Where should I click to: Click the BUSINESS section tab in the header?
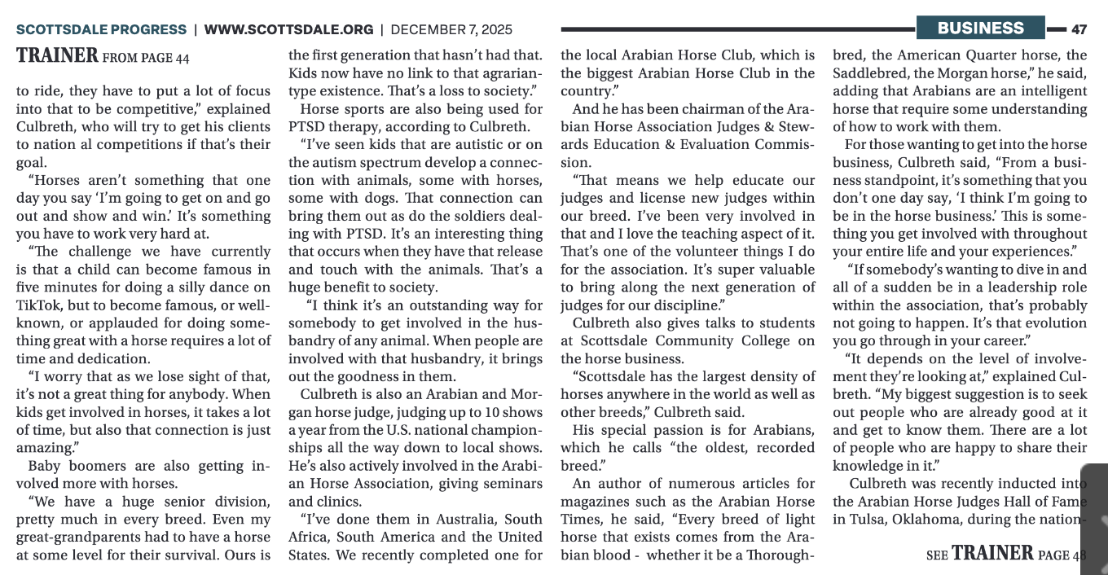[980, 29]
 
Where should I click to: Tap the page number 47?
[1079, 29]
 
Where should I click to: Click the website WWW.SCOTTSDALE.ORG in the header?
[288, 29]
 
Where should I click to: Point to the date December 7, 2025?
[451, 29]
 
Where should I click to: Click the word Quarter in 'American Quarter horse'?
[969, 55]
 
